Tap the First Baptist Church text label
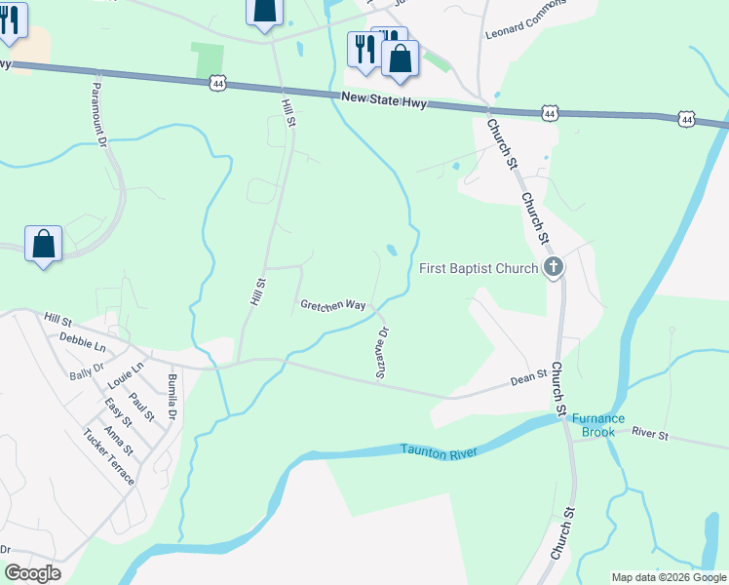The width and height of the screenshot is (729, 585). tap(479, 268)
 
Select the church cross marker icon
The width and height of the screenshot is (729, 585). tap(554, 267)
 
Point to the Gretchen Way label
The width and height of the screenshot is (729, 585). tap(332, 305)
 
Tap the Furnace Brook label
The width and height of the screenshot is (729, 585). tap(599, 424)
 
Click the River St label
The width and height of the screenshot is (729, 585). tap(649, 431)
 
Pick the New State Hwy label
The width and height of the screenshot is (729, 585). tap(384, 99)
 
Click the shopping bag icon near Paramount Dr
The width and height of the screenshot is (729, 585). tap(44, 244)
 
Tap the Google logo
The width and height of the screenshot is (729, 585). tap(32, 573)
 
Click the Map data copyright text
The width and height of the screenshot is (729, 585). tap(669, 577)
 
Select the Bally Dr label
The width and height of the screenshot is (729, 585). tap(86, 365)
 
